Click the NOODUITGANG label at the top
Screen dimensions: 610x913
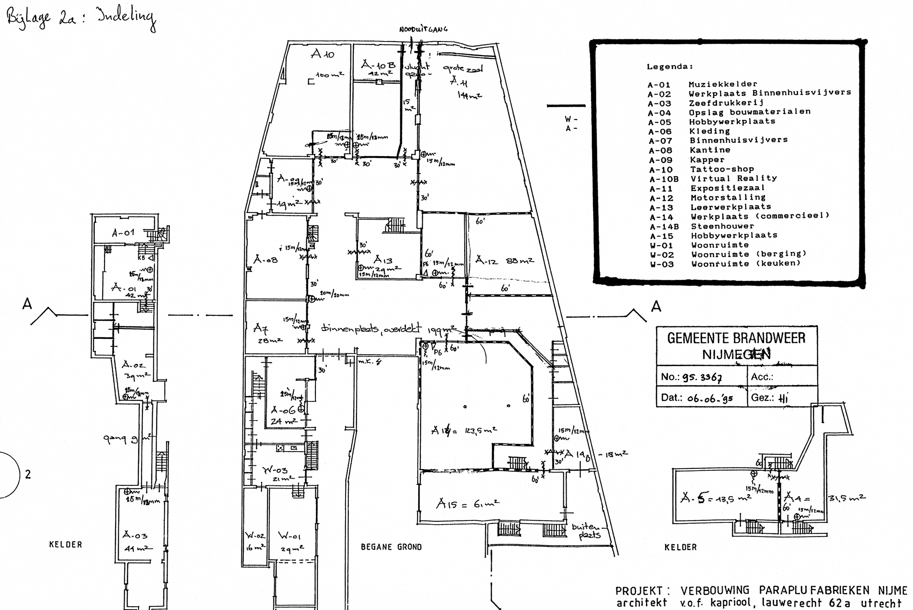point(423,29)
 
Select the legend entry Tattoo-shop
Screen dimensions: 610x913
point(722,169)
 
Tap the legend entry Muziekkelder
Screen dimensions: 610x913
point(723,84)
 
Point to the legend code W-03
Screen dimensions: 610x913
point(661,264)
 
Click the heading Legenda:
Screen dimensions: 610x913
point(670,67)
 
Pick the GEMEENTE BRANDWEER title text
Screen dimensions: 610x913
point(736,338)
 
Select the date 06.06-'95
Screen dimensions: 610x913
point(709,398)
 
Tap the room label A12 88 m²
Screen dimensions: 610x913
point(504,261)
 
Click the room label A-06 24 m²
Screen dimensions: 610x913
point(284,415)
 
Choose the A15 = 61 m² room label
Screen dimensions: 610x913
point(467,504)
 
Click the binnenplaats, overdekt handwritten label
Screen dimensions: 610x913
point(371,328)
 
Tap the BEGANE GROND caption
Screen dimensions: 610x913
point(391,547)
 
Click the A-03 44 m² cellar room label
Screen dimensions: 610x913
point(136,541)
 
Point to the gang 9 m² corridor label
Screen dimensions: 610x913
point(127,439)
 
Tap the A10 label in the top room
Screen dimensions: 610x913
point(322,54)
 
